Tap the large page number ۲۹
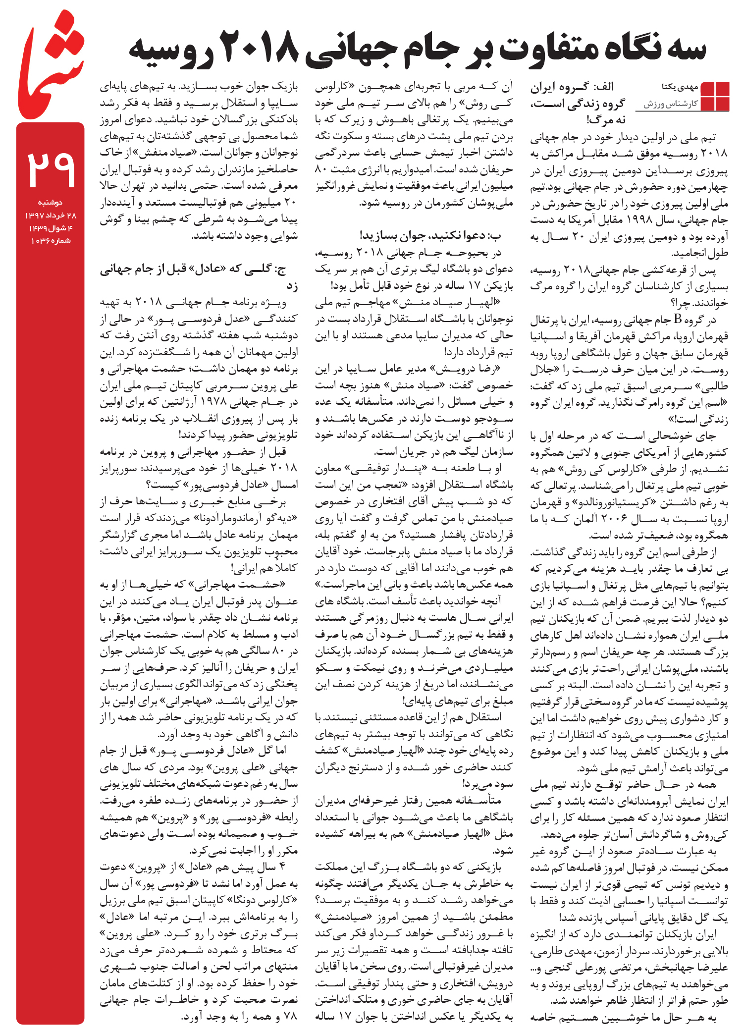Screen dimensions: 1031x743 (51, 170)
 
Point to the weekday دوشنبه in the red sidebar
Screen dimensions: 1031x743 (51, 202)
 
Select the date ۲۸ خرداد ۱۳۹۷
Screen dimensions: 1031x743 (51, 215)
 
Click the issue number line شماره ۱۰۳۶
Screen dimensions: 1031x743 (51, 241)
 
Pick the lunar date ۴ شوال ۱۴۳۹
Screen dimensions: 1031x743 (51, 228)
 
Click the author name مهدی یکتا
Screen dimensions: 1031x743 (679, 87)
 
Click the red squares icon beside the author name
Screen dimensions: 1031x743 (715, 96)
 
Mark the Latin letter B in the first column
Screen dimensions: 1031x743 (678, 320)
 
